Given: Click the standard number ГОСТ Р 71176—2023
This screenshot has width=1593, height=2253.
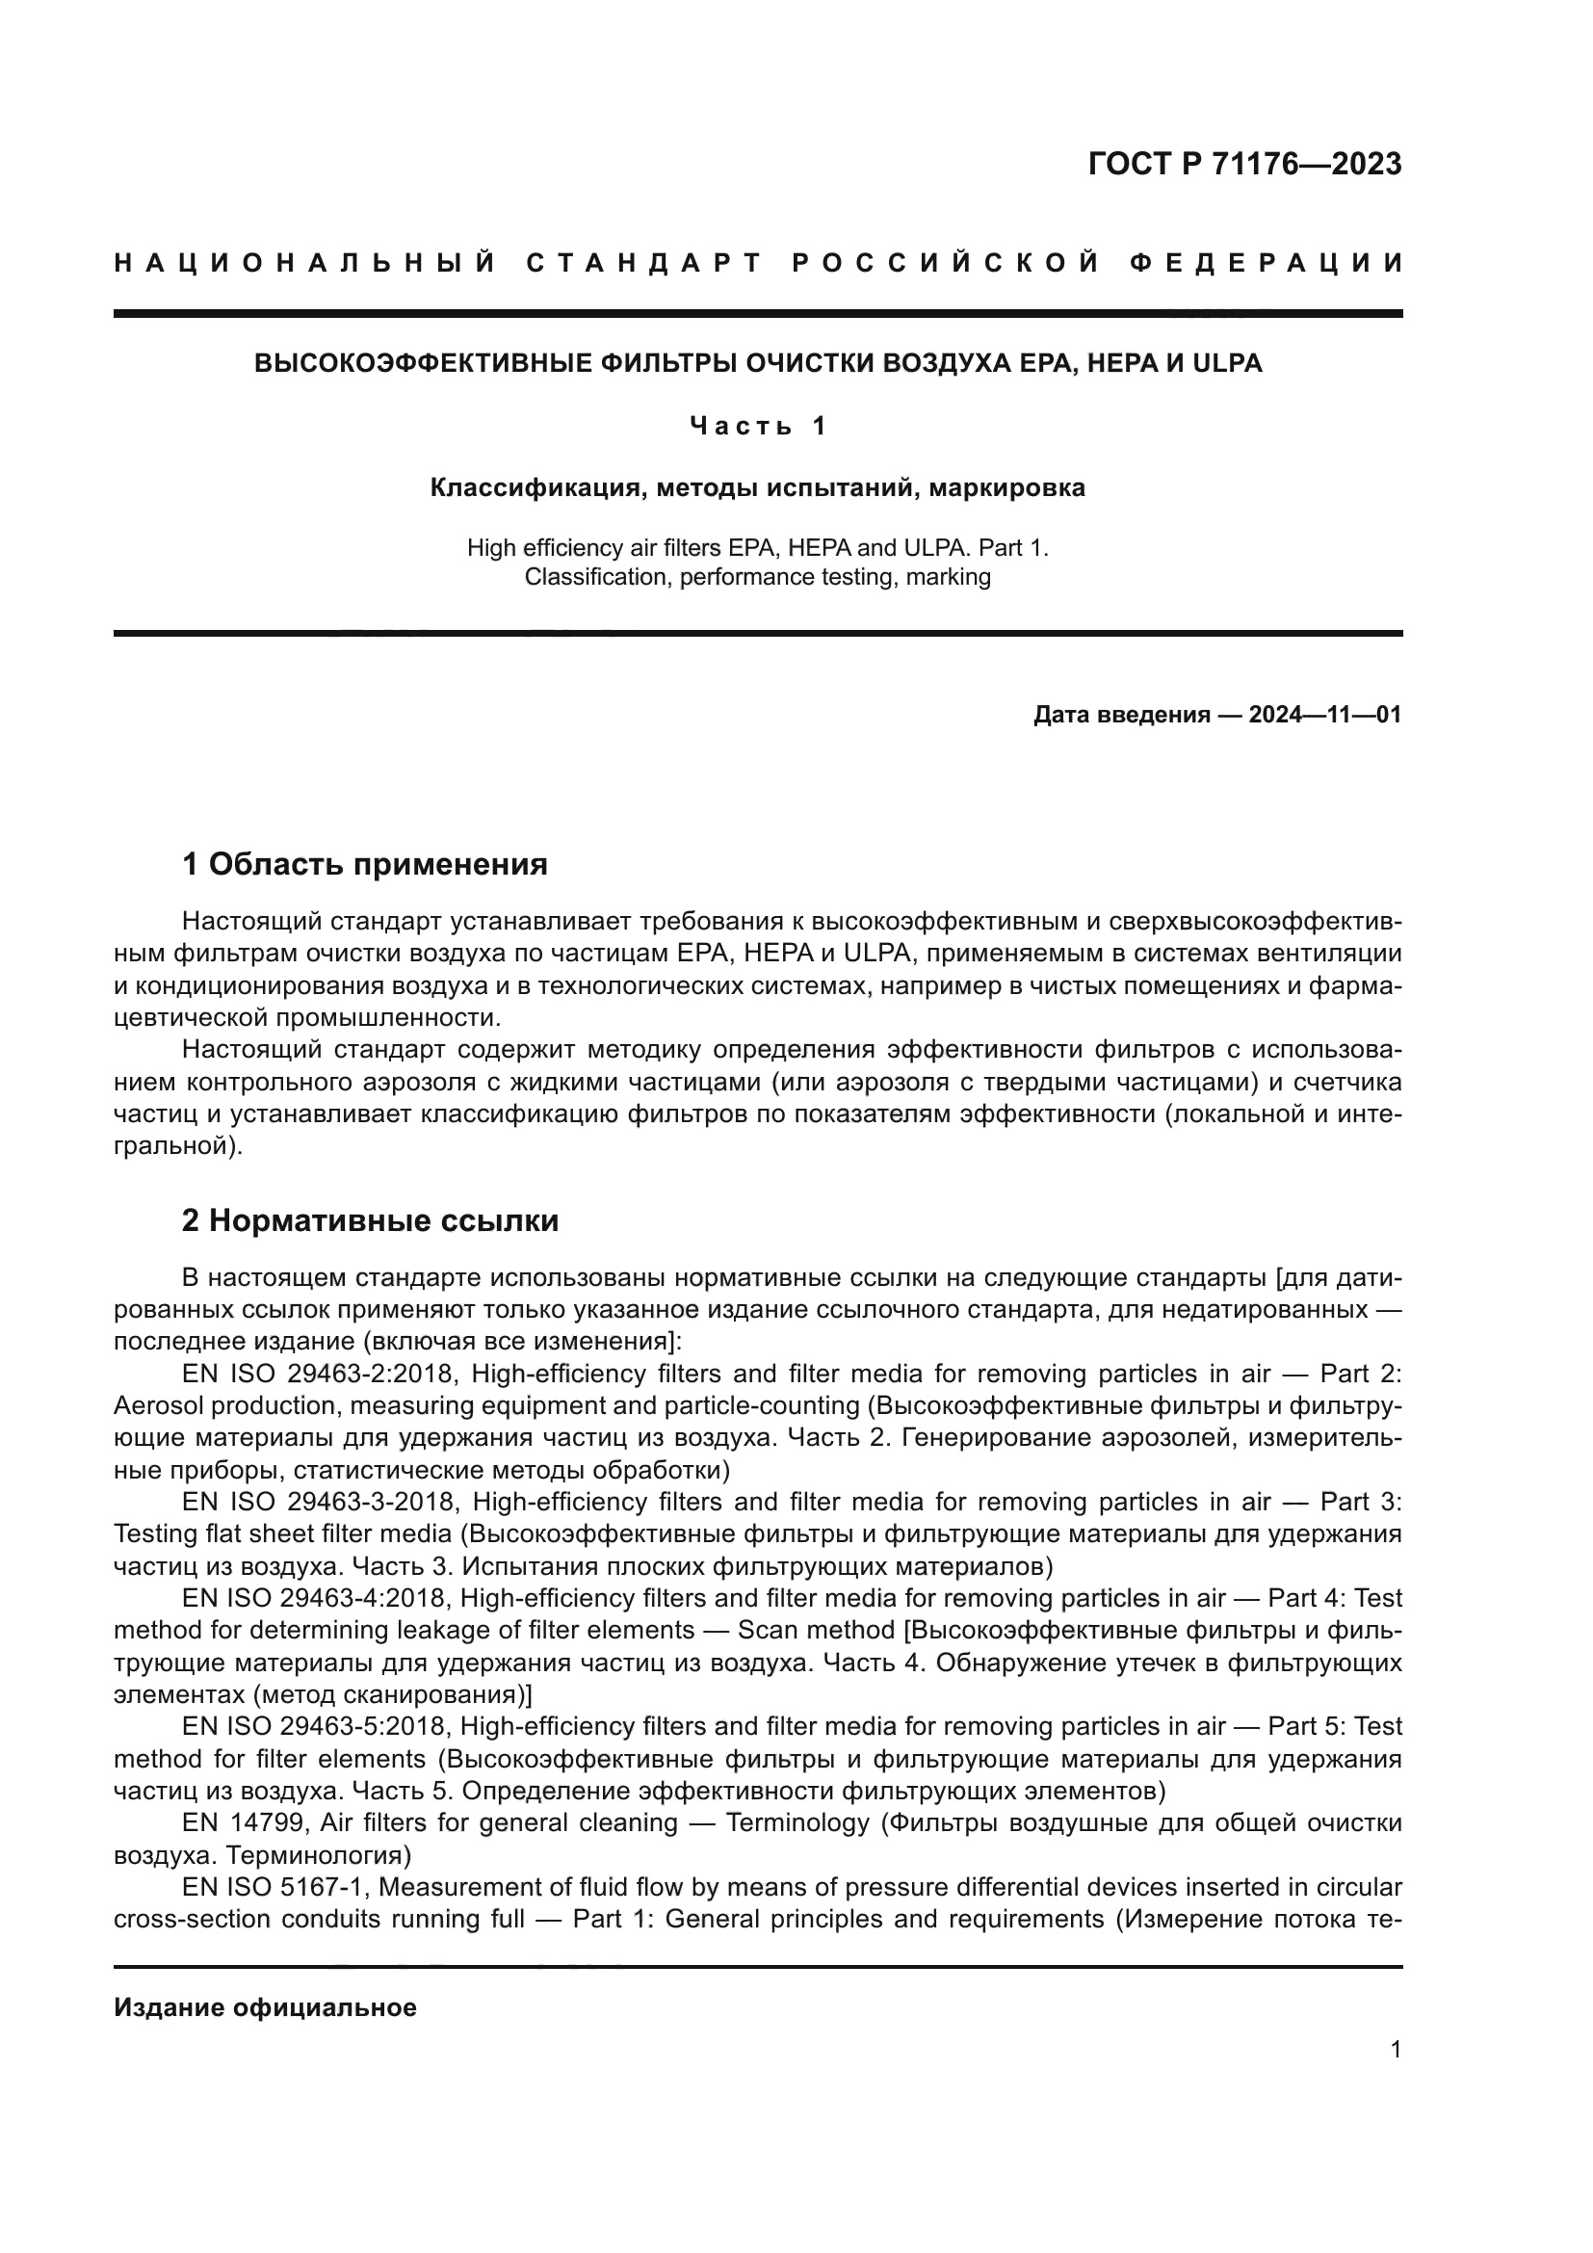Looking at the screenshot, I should pyautogui.click(x=1243, y=164).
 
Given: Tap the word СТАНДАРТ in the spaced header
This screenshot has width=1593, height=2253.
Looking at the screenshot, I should pyautogui.click(x=644, y=263).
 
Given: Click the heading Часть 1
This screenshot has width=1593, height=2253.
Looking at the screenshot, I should pyautogui.click(x=757, y=426).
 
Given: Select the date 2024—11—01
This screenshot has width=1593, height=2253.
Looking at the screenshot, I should pyautogui.click(x=1324, y=715).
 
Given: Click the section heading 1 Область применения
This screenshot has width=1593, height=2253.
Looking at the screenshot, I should pyautogui.click(x=365, y=864).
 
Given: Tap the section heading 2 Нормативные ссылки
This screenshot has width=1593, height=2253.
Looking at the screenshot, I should pyautogui.click(x=371, y=1220).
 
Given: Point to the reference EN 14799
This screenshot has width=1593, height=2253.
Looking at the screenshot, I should pyautogui.click(x=245, y=1823).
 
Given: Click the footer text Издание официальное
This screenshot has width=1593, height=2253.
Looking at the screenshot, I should pyautogui.click(x=265, y=2007).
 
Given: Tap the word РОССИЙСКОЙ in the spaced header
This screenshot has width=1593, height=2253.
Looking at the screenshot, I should pyautogui.click(x=946, y=263).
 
